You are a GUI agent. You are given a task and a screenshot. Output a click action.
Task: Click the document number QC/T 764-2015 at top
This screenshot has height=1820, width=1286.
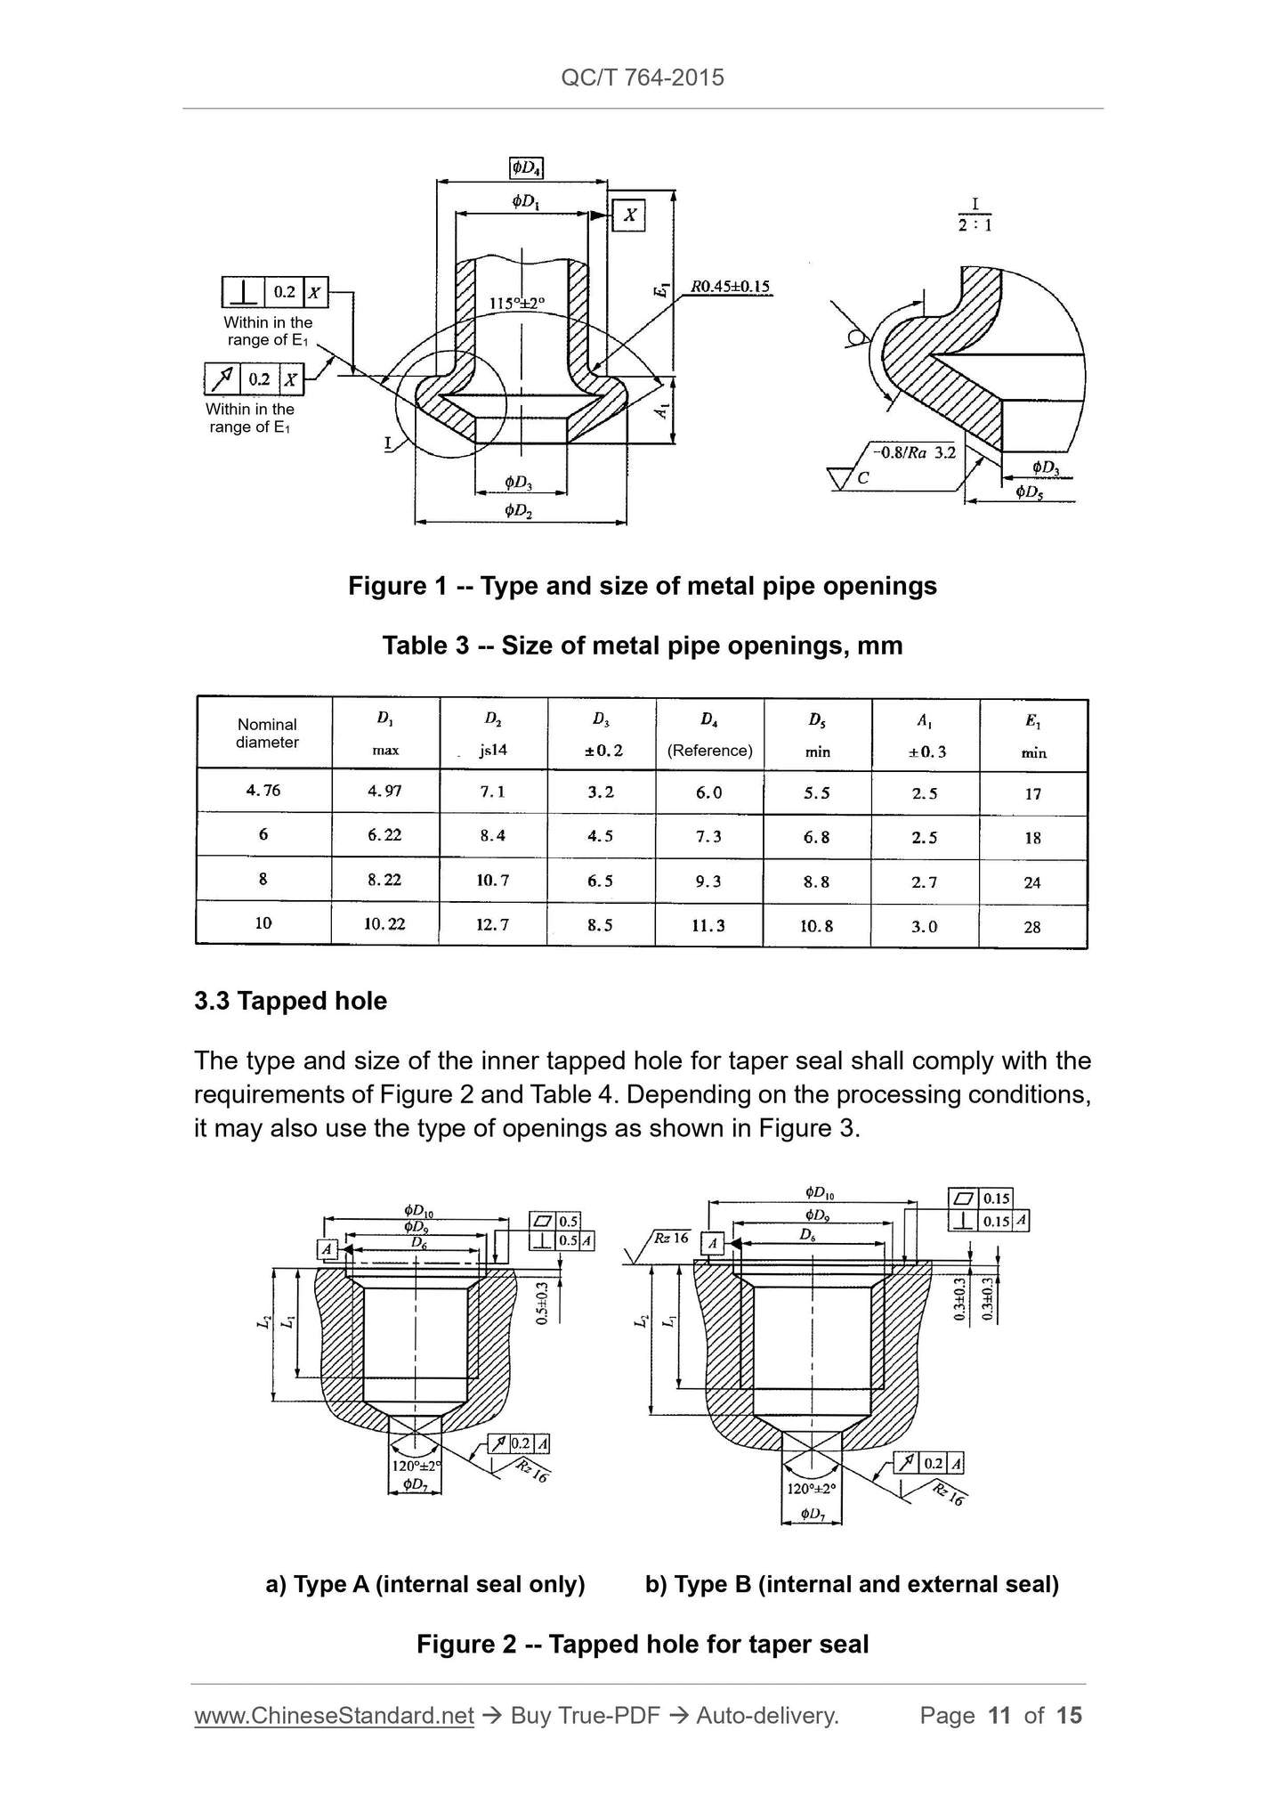click(x=643, y=77)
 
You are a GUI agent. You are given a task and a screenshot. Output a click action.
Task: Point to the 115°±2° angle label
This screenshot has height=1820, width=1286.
click(x=517, y=303)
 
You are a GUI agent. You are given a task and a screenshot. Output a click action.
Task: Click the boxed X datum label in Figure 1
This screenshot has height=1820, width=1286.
click(x=629, y=215)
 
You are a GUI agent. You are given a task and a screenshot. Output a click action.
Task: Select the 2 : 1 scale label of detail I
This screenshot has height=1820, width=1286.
click(x=975, y=225)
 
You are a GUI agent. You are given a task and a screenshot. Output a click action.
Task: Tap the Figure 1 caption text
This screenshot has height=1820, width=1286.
click(x=642, y=586)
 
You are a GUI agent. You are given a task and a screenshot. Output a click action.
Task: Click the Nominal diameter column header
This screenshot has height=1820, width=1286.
click(x=267, y=734)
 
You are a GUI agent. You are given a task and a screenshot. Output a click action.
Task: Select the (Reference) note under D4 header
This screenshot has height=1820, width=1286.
click(x=709, y=751)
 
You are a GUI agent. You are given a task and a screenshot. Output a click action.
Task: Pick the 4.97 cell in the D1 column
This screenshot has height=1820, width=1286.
click(x=384, y=791)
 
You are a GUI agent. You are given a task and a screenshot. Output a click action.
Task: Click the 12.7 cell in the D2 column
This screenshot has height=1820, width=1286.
click(x=492, y=925)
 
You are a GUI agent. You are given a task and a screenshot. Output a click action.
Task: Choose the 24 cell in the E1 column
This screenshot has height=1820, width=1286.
click(x=1032, y=882)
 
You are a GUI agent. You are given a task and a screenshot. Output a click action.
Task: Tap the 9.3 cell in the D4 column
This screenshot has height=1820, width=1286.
click(x=708, y=882)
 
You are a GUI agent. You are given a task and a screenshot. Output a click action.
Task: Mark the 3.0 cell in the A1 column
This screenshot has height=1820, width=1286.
click(x=925, y=927)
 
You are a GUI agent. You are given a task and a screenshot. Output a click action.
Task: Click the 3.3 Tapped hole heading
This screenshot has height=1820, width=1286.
click(x=290, y=1001)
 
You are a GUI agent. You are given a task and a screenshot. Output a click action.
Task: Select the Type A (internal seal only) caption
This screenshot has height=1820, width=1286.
click(x=425, y=1584)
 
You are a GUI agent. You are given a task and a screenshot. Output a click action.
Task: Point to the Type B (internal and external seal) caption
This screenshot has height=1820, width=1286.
click(x=852, y=1584)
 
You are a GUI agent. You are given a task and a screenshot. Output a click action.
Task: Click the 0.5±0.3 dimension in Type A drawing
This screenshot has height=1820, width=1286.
click(x=542, y=1304)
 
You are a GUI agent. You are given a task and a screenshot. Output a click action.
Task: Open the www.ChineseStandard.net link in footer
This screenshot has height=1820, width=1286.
click(x=334, y=1715)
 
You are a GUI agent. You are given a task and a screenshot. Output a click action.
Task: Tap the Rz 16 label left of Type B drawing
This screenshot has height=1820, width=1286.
click(x=672, y=1239)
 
